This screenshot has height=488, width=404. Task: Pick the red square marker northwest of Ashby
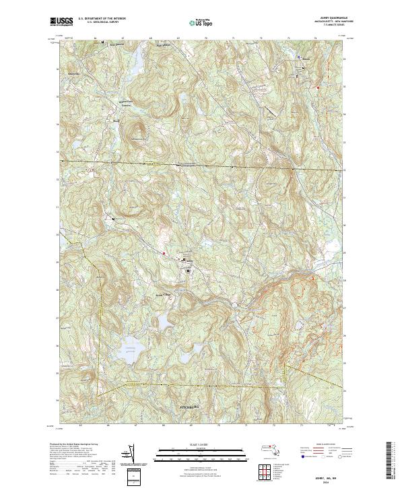click(x=164, y=253)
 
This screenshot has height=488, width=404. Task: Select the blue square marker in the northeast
click(x=299, y=59)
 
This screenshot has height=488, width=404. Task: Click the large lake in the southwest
click(x=129, y=352)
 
